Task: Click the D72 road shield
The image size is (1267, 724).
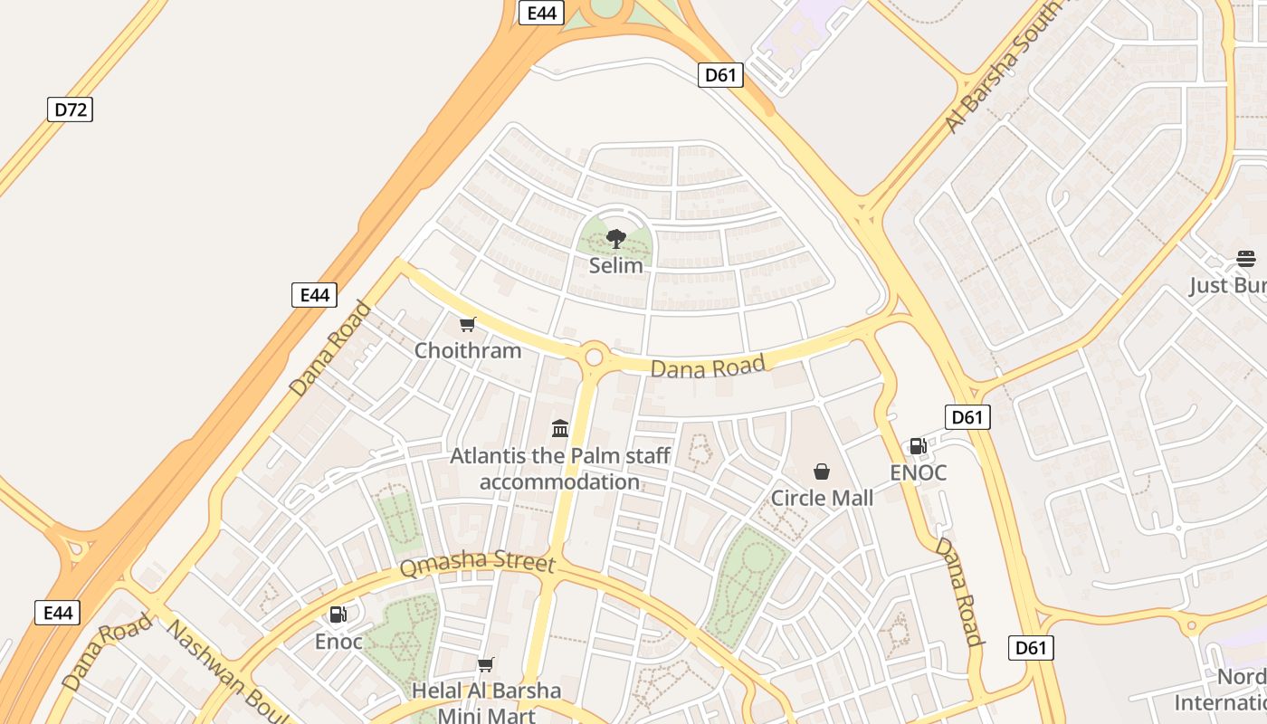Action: pos(70,110)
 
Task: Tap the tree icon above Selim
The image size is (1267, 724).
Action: pos(616,239)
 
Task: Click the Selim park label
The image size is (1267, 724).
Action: pos(616,266)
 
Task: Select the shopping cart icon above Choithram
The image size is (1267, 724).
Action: pos(468,325)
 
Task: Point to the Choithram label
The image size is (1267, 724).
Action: pos(468,350)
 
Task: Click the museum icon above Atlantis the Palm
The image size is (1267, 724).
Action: pos(560,428)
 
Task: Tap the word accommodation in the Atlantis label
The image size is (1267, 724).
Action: pos(559,481)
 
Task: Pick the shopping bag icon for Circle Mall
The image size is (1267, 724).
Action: pos(822,472)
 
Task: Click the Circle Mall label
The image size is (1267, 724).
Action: pos(822,498)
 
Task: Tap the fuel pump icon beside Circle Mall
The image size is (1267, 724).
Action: pos(918,446)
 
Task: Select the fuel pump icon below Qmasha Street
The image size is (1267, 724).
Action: pos(338,615)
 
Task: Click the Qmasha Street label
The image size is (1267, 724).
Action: pos(477,563)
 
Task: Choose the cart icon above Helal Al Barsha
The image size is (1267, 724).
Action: pos(486,665)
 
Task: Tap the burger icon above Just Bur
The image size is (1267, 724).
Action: pos(1246,259)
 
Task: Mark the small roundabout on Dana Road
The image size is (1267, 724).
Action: pos(594,357)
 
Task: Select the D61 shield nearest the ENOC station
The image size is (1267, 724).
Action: pos(967,417)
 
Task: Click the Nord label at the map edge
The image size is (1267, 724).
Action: pos(1241,678)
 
